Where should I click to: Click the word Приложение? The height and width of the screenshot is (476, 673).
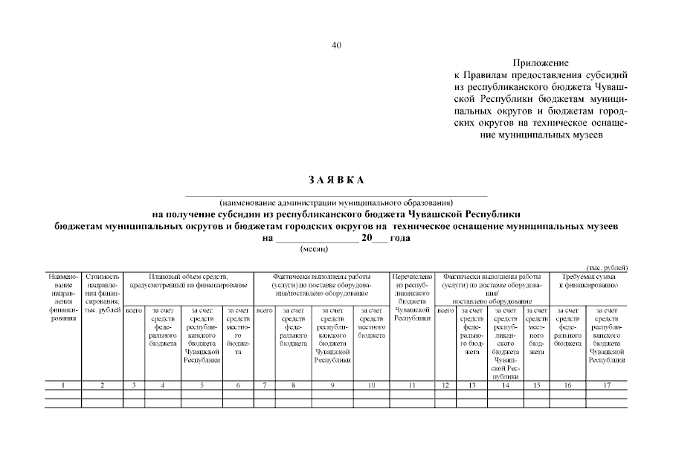click(x=541, y=63)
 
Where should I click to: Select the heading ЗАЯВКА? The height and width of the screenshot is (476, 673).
click(x=335, y=180)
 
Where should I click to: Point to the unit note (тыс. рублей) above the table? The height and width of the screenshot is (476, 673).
click(x=607, y=267)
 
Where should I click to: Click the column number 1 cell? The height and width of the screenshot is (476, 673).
click(x=64, y=385)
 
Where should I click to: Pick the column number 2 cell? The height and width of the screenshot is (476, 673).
click(x=102, y=385)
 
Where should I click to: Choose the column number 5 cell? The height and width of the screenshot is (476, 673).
click(x=202, y=385)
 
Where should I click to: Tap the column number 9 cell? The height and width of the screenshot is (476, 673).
click(x=332, y=385)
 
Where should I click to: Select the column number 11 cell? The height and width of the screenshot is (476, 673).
click(x=412, y=385)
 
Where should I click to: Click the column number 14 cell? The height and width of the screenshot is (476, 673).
click(x=506, y=385)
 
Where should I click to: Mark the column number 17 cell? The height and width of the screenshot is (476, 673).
click(x=607, y=385)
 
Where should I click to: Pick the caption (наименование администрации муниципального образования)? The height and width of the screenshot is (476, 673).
click(x=336, y=202)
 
